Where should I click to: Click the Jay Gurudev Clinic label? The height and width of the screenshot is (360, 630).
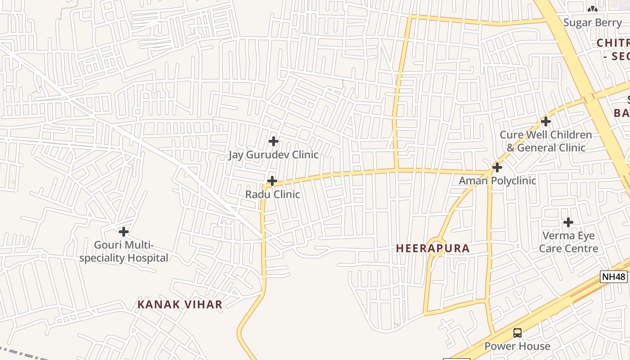pos(273,155)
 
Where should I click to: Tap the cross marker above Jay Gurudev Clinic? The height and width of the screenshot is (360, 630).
pos(273,141)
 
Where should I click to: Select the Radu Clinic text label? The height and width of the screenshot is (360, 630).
pos(272,194)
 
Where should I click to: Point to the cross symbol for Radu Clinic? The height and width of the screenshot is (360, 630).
pos(272,181)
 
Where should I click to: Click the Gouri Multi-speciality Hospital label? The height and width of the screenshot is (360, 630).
pos(124,252)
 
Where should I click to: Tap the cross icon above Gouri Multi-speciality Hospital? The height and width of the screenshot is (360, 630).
pos(124,232)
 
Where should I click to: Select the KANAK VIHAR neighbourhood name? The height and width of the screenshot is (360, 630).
pos(180,305)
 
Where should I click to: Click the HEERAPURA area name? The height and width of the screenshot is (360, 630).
pos(433,248)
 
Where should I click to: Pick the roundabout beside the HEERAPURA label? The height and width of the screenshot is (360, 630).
pos(436,247)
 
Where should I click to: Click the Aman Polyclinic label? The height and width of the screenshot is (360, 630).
pos(497,180)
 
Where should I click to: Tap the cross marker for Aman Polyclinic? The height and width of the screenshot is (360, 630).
pos(497,167)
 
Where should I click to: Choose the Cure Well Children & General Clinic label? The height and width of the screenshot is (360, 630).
pos(546,141)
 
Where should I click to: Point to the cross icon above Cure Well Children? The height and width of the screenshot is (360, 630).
pos(546,121)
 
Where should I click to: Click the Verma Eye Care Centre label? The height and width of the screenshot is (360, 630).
pos(568,242)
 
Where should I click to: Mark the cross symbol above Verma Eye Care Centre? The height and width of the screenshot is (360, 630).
pos(568,222)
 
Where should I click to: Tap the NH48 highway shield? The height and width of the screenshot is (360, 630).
pos(614,277)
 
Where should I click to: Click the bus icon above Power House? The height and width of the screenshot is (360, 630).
pos(517,333)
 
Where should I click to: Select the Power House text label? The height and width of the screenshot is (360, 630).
pos(517,346)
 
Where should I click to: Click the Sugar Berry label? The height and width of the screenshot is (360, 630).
pos(593,22)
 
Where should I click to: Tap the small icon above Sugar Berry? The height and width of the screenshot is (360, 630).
pos(593,9)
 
